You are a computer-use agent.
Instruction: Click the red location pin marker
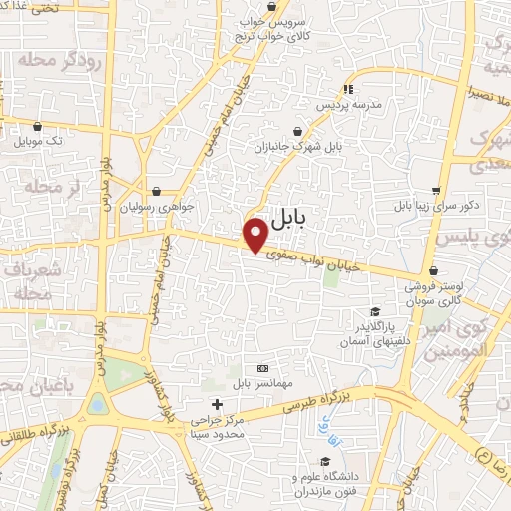click(x=257, y=235)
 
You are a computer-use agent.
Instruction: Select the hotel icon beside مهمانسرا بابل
click(x=262, y=369)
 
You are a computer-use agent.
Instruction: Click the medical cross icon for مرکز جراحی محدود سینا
click(x=217, y=404)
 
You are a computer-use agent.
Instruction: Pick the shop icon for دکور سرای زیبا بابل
click(x=436, y=191)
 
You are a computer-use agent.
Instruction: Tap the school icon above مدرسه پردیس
click(x=347, y=89)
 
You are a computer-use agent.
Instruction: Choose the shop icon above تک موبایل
click(x=38, y=127)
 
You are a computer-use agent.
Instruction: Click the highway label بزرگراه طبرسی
click(x=319, y=396)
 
